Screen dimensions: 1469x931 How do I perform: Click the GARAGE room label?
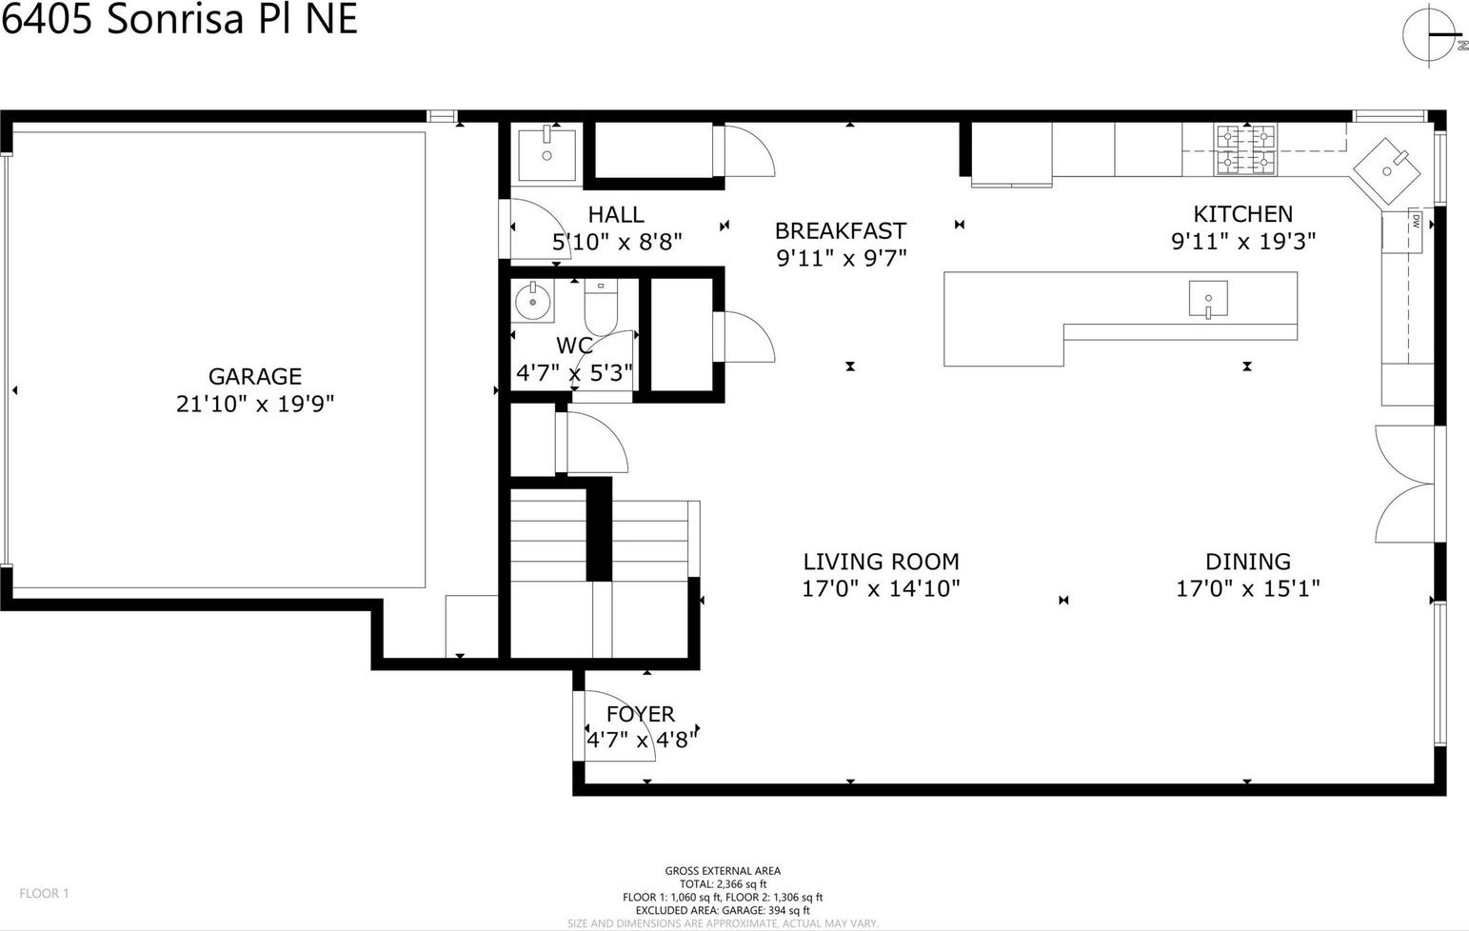point(255,376)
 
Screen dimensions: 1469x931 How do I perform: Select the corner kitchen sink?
point(1385,170)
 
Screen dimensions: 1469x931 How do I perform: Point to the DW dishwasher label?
point(1416,221)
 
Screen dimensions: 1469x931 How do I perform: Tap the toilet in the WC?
point(601,307)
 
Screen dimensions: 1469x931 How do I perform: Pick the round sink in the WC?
point(533,302)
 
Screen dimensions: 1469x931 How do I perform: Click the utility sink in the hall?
point(546,155)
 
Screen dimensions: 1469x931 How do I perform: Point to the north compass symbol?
point(1432,36)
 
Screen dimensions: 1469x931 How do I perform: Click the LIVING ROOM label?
point(881,562)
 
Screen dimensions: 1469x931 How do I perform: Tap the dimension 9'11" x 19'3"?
point(1243,242)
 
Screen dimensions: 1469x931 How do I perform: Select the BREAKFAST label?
point(841,230)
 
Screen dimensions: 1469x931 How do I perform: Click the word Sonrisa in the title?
point(176,20)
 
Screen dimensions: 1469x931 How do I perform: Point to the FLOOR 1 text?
point(44,893)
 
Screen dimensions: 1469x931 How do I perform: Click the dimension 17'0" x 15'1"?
point(1247,588)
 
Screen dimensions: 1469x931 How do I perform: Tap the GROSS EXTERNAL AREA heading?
point(723,871)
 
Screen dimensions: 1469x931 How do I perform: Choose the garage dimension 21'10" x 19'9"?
point(255,404)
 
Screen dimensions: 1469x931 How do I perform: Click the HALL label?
point(616,214)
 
